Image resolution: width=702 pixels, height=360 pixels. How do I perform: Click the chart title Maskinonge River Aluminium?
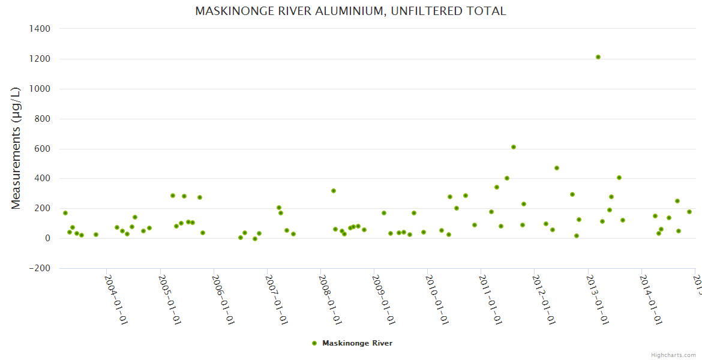(350, 11)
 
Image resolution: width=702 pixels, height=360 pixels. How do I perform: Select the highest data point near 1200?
(598, 57)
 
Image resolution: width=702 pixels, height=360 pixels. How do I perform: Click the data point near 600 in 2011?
(514, 147)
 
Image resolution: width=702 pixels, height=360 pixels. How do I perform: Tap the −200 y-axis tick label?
(39, 268)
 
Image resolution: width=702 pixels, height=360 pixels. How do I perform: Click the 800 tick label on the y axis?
(42, 119)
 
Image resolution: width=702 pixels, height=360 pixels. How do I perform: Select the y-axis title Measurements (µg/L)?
(16, 148)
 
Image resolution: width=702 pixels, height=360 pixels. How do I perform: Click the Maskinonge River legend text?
(357, 343)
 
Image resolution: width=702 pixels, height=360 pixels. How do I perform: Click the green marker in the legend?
(314, 343)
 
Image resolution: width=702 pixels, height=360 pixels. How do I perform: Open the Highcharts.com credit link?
(674, 355)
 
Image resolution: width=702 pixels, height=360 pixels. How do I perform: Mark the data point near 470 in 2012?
(557, 168)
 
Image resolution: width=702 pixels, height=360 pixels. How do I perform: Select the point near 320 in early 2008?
(334, 191)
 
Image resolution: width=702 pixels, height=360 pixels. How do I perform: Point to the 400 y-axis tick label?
(42, 178)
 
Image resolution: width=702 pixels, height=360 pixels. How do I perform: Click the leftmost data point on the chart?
(65, 213)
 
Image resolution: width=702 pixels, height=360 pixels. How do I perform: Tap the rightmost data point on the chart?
(689, 212)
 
